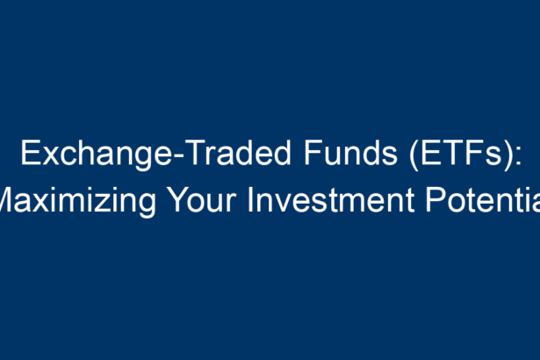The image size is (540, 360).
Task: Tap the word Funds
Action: point(350,153)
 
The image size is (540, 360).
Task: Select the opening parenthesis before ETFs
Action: point(414,155)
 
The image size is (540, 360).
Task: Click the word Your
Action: point(202,200)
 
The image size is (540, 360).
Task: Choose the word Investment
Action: point(331,200)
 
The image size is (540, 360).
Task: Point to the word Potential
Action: point(483,200)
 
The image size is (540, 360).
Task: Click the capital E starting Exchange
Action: point(31,153)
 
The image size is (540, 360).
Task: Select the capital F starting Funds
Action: point(313,153)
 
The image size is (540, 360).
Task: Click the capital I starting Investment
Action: point(250,200)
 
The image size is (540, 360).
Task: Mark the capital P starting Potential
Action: point(436,200)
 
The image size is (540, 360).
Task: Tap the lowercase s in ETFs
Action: point(494,156)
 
